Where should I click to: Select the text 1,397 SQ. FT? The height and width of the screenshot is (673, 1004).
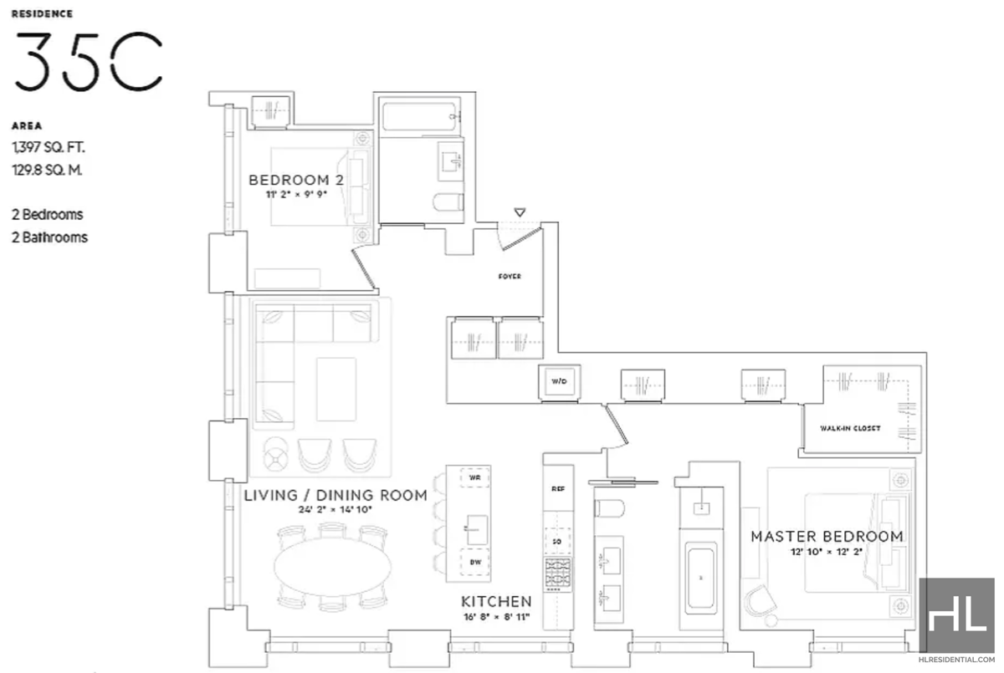(x=49, y=148)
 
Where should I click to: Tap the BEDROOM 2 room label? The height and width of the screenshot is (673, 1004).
(x=296, y=180)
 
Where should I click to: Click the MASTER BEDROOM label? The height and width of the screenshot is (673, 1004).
(x=826, y=536)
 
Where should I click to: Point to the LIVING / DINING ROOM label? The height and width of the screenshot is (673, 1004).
(x=336, y=495)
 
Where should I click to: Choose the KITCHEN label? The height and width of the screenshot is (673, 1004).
(x=496, y=601)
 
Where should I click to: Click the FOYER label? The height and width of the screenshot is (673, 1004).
(x=509, y=277)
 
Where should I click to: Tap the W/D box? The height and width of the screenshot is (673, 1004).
(x=559, y=382)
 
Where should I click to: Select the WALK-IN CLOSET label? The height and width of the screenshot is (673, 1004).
(x=851, y=429)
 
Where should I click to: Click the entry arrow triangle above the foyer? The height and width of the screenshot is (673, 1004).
(x=520, y=212)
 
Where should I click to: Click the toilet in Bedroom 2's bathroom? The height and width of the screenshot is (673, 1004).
(x=451, y=201)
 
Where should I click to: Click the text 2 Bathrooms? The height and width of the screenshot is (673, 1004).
(x=49, y=237)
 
